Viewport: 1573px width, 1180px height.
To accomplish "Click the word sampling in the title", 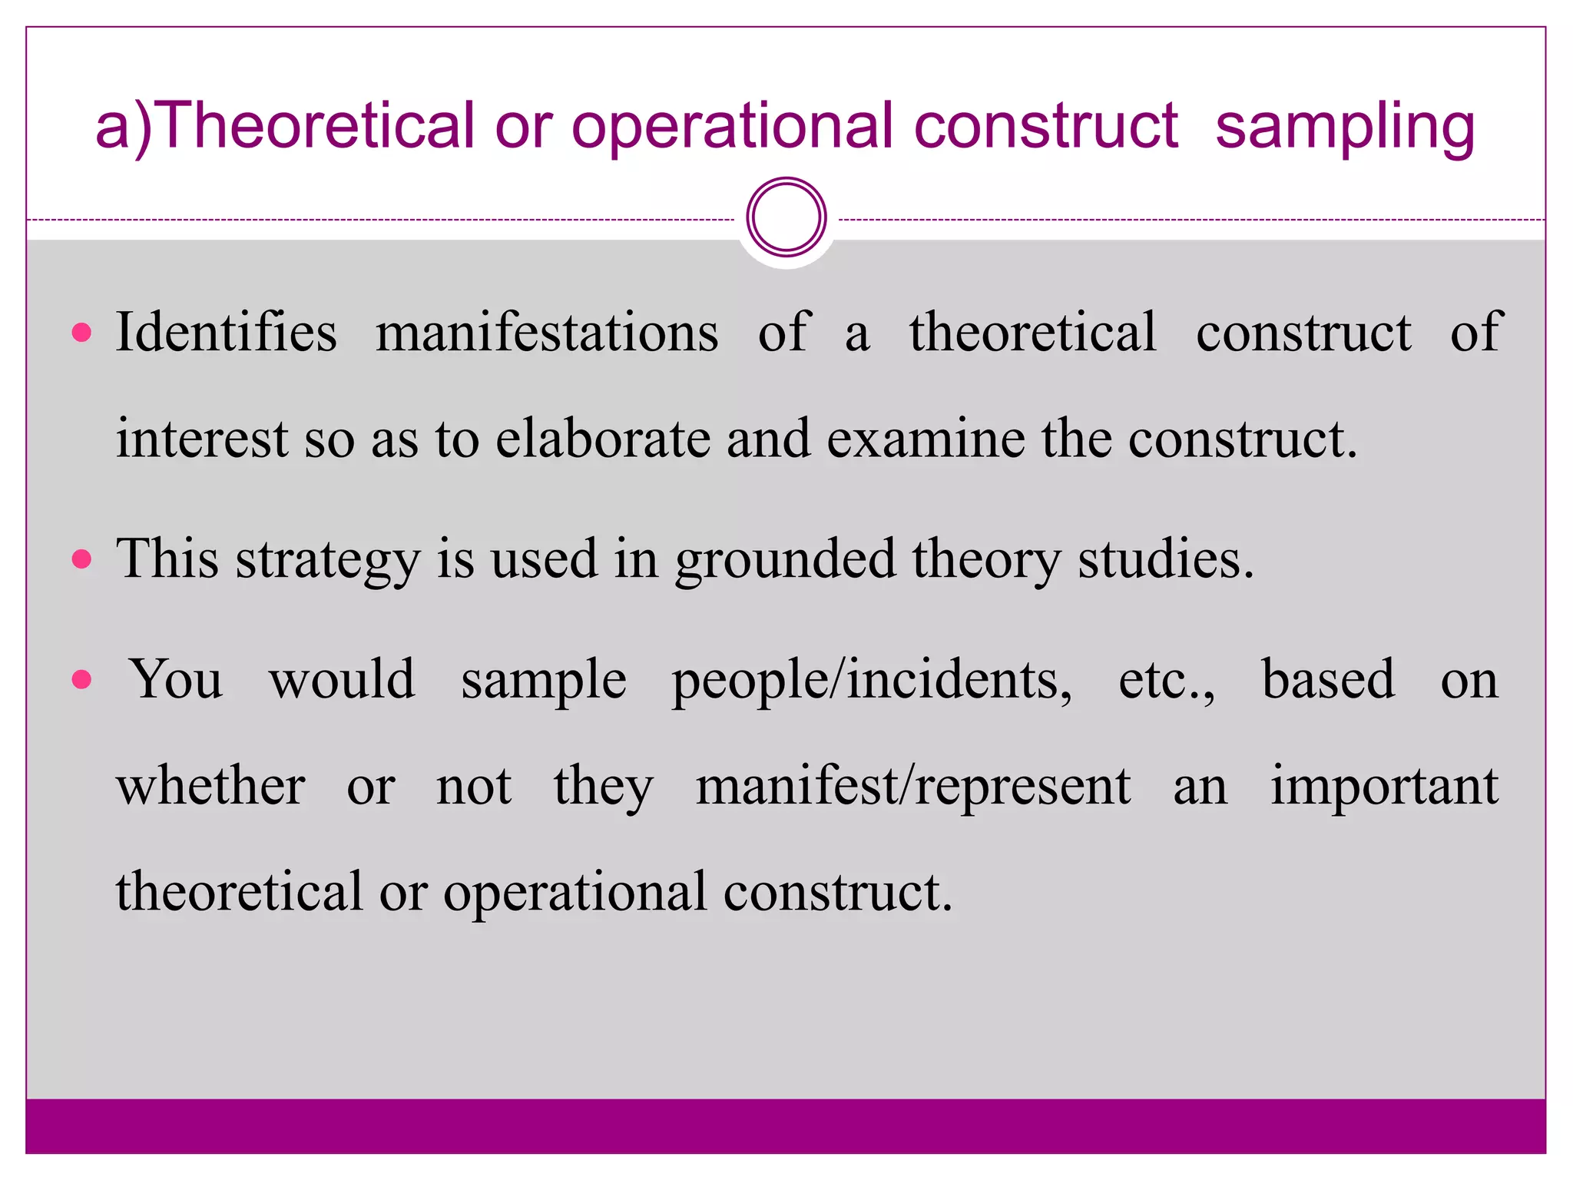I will click(1345, 127).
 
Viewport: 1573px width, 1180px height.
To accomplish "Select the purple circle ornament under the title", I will click(786, 217).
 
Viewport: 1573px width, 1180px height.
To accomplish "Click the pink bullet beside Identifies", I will click(81, 333).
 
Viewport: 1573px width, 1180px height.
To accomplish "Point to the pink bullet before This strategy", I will click(81, 559).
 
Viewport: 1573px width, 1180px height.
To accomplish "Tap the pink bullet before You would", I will click(81, 679).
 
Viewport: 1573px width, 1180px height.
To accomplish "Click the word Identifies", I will click(227, 332).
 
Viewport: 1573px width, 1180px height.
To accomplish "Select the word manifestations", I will click(547, 332).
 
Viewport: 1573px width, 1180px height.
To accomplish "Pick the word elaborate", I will click(603, 439).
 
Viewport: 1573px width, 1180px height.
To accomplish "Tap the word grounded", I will click(785, 559).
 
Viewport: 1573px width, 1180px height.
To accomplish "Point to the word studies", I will click(1164, 559).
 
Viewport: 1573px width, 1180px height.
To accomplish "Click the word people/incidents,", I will click(872, 681).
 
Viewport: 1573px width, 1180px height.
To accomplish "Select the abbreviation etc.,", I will click(1167, 681).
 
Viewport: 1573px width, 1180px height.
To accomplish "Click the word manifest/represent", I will click(913, 787).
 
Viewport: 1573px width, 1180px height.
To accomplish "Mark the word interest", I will click(202, 439).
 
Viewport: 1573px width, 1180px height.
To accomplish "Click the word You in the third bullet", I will click(177, 680).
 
